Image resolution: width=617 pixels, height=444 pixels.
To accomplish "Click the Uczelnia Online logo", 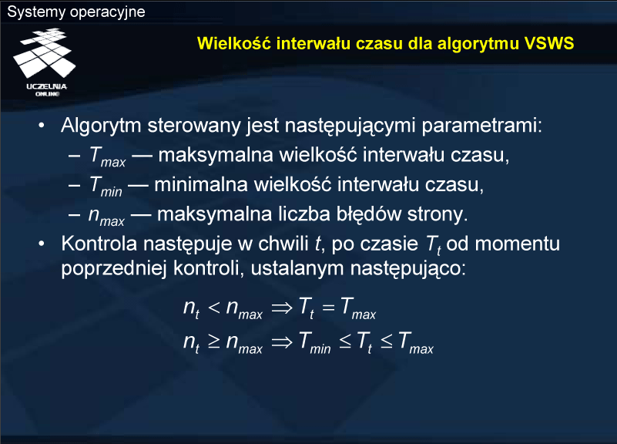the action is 45,62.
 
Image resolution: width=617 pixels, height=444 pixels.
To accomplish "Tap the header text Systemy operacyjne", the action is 76,12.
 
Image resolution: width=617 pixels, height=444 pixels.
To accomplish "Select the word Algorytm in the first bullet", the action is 101,126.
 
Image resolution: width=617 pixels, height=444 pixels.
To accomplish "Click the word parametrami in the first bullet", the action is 481,126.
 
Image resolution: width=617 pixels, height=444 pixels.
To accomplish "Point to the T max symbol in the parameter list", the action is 107,156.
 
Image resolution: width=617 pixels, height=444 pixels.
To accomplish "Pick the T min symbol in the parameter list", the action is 106,186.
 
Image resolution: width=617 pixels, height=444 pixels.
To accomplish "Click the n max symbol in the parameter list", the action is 106,217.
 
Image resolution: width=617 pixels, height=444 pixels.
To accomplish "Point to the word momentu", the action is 517,244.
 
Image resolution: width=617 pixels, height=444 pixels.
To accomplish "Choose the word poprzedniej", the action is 114,269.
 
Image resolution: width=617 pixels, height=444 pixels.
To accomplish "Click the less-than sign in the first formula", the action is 213,308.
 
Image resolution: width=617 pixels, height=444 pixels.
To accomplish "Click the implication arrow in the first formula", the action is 282,308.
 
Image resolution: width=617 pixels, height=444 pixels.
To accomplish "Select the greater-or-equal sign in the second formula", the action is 213,341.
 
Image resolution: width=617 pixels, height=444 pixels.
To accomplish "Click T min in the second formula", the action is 314,342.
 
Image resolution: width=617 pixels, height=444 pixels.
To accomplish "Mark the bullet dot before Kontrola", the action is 42,244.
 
